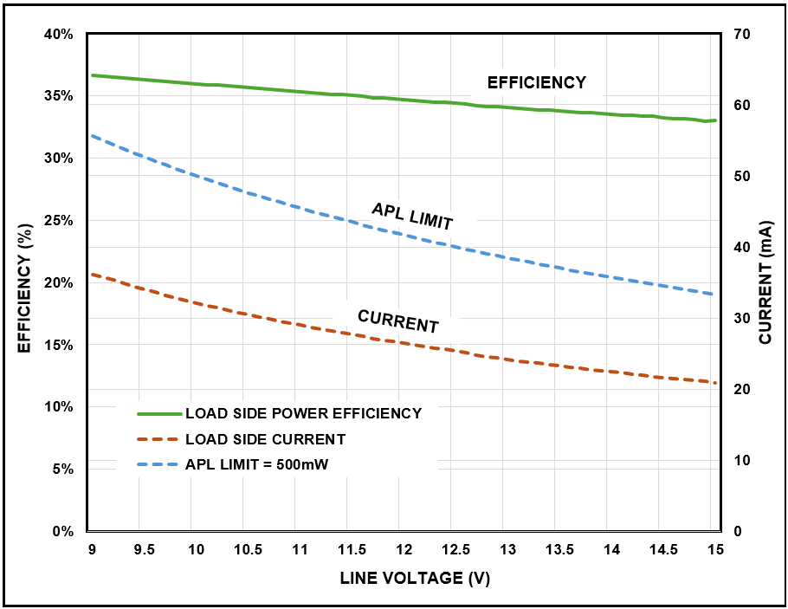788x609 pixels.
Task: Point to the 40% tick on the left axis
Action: click(x=59, y=34)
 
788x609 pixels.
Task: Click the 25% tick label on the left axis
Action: click(x=59, y=220)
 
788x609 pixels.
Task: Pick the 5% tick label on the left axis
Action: click(x=63, y=469)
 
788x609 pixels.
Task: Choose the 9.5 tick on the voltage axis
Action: click(x=144, y=549)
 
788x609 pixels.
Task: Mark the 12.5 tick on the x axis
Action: click(x=455, y=549)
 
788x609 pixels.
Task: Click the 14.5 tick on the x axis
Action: click(x=663, y=549)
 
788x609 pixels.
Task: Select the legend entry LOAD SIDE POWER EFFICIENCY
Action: click(x=303, y=413)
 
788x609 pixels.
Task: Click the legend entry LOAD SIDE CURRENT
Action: click(x=265, y=439)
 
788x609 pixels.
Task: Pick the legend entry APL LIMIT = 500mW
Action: click(x=256, y=465)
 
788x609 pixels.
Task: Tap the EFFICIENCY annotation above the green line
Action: click(x=537, y=83)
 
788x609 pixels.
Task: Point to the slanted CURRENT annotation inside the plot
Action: click(x=398, y=321)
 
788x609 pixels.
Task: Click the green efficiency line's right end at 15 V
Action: click(x=715, y=120)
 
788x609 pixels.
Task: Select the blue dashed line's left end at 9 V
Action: click(x=92, y=136)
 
